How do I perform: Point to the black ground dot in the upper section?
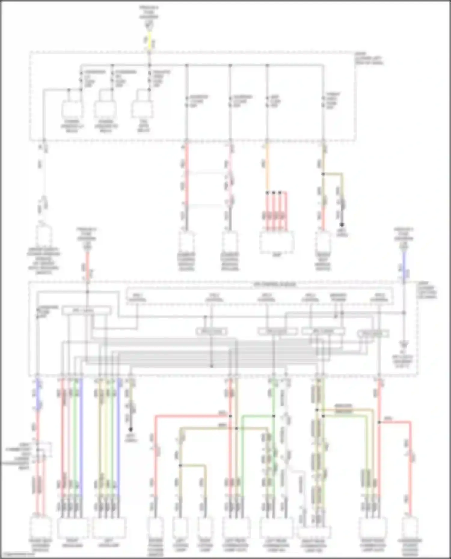coord(342,224)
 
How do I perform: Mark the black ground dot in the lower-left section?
coord(131,430)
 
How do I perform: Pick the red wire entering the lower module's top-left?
coord(87,264)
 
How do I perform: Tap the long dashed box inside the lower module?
coord(260,296)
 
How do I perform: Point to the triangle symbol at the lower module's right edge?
coord(404,342)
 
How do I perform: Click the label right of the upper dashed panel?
coord(369,59)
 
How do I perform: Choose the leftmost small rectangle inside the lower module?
coord(86,310)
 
